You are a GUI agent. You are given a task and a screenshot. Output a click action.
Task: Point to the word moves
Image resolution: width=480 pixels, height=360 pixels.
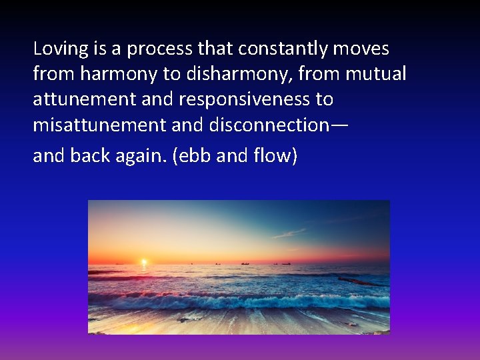tap(363, 49)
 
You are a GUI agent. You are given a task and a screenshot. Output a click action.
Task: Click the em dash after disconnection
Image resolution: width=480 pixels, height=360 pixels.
tap(339, 125)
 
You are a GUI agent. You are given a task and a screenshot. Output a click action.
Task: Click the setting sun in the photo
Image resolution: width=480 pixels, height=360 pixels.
tap(143, 261)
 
